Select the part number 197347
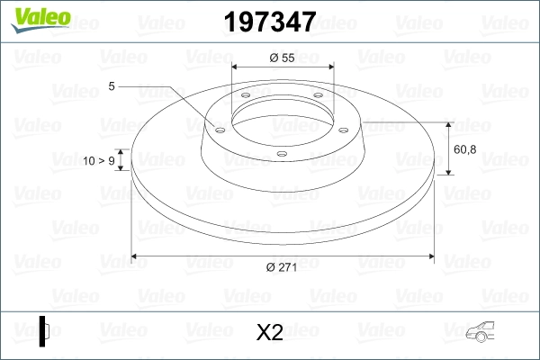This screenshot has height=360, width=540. [269, 22]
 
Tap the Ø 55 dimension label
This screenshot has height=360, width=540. [283, 58]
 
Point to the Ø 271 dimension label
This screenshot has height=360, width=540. [283, 265]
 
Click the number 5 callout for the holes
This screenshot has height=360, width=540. [112, 86]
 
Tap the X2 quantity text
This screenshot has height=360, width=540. [270, 333]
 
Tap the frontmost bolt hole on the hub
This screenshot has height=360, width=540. [281, 153]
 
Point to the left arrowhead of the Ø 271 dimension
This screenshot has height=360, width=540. [136, 256]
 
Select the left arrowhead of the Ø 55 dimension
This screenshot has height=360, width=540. [236, 67]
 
